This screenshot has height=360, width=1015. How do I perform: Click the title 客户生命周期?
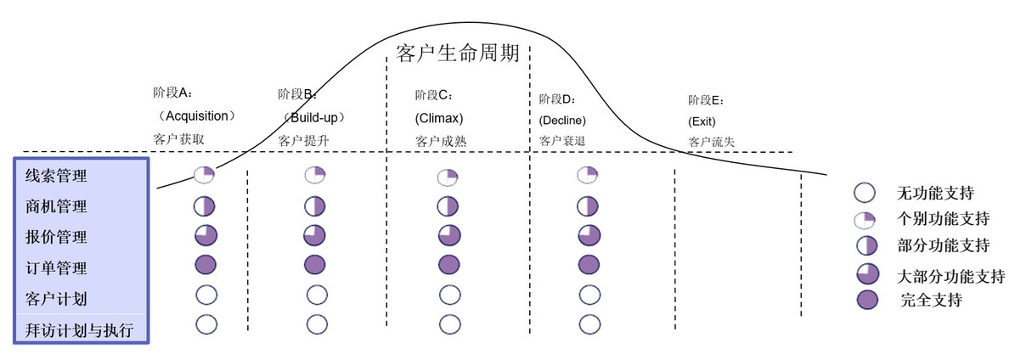click(458, 53)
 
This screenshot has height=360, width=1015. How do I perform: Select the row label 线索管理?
click(56, 176)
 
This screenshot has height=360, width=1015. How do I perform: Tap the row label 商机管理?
click(56, 206)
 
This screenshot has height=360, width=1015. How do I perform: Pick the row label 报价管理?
click(56, 237)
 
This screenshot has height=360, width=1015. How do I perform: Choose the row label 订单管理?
click(56, 268)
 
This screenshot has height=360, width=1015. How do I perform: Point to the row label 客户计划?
click(56, 299)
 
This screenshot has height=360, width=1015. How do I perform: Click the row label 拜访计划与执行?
click(80, 330)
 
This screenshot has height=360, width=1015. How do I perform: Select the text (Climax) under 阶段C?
click(439, 119)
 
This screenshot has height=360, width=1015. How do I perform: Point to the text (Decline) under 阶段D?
click(562, 121)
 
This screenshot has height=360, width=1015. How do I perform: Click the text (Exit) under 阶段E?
click(702, 121)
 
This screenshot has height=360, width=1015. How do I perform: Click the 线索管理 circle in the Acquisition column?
click(204, 175)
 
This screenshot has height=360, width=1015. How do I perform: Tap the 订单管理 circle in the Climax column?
click(448, 264)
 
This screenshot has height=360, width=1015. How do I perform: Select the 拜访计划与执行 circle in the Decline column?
click(589, 324)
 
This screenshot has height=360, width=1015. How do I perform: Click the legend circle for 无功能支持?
click(865, 193)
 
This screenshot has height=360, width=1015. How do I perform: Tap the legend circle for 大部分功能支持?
click(866, 274)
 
